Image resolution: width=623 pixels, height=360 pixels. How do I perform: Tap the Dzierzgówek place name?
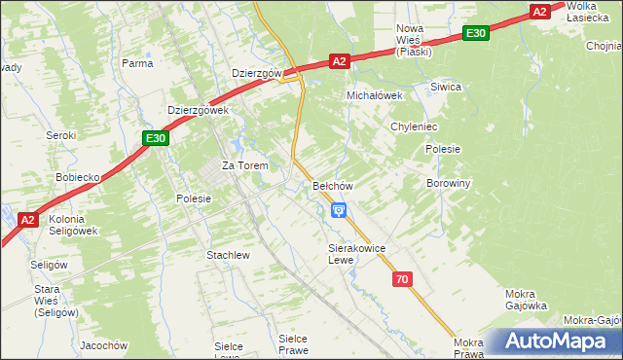click(198, 111)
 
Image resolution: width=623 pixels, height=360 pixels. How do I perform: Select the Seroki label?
click(61, 135)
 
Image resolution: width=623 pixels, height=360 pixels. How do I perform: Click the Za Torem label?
click(244, 165)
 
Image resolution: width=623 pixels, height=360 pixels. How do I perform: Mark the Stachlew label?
click(228, 255)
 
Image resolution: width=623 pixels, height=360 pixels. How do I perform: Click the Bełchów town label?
click(332, 185)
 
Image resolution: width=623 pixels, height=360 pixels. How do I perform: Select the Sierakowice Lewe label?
click(356, 254)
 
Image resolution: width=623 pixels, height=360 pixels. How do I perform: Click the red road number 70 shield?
click(402, 279)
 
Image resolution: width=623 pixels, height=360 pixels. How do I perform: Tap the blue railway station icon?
click(338, 209)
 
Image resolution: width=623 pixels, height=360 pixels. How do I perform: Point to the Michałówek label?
click(375, 96)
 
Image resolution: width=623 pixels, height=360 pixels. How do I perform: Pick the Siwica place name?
click(446, 87)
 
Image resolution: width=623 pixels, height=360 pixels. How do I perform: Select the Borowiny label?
click(449, 183)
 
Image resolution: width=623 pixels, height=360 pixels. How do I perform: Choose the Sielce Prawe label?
click(292, 343)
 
